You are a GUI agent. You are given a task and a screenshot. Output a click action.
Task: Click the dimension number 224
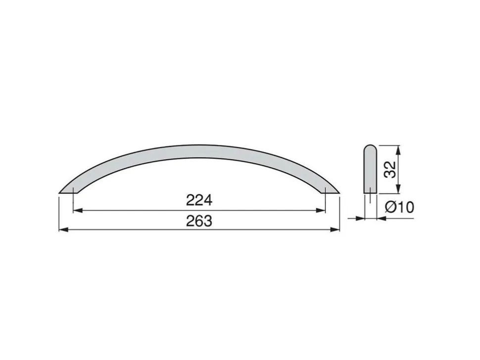[x=199, y=201]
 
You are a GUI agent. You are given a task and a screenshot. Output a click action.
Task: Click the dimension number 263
[x=199, y=221]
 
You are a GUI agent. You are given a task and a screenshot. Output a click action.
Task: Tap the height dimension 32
[x=390, y=169]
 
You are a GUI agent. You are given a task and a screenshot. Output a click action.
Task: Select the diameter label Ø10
[x=399, y=207]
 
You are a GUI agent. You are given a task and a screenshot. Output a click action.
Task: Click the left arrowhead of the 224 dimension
[x=78, y=211]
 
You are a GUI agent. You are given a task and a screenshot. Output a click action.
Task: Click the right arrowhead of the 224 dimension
[x=321, y=211]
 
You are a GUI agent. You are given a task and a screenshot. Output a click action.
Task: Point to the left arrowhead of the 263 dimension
[x=63, y=230]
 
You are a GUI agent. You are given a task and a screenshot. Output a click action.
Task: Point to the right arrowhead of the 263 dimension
[x=335, y=230]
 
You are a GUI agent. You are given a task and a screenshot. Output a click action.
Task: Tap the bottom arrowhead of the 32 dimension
[x=398, y=189]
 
